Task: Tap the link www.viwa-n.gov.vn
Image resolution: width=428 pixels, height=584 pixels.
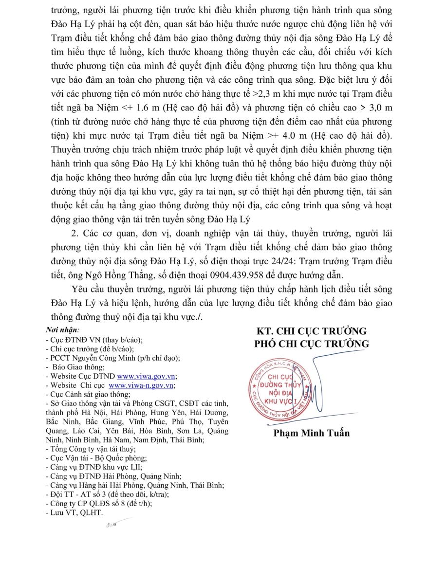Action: point(141,385)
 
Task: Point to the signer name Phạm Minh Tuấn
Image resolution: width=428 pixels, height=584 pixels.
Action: point(311,433)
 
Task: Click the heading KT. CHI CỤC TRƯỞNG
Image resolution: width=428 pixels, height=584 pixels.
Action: point(311,331)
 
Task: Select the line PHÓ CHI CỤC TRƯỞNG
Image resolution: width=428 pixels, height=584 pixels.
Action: point(311,344)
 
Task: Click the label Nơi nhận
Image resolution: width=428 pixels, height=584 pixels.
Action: point(58,330)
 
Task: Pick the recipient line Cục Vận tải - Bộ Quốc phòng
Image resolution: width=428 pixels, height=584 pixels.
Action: point(95,458)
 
